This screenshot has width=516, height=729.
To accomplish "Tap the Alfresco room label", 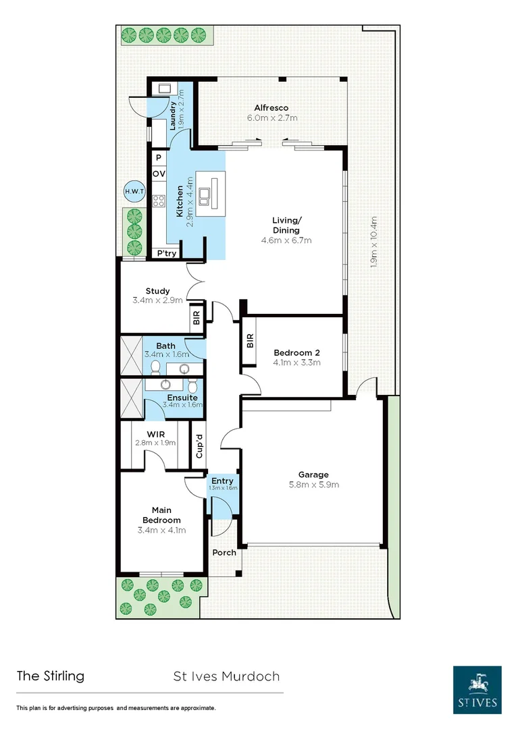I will [x=271, y=107].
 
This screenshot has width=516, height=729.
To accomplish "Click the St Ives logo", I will [x=477, y=689].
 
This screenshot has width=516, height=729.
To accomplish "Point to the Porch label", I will [x=224, y=552].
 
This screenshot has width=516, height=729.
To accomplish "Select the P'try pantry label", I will [x=166, y=254].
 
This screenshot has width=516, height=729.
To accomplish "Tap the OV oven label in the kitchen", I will [x=158, y=174].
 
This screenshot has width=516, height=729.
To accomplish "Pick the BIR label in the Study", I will [x=197, y=319].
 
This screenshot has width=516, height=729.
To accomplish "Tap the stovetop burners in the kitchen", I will [x=159, y=200].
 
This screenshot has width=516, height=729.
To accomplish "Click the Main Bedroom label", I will [x=161, y=515].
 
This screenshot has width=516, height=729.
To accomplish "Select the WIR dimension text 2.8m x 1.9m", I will [x=155, y=443].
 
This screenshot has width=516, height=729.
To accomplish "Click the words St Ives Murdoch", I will [x=226, y=676].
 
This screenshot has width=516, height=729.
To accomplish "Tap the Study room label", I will [x=157, y=291].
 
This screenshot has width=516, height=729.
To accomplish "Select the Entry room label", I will [x=222, y=481].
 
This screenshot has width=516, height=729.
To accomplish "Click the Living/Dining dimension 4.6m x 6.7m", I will [x=286, y=240].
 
